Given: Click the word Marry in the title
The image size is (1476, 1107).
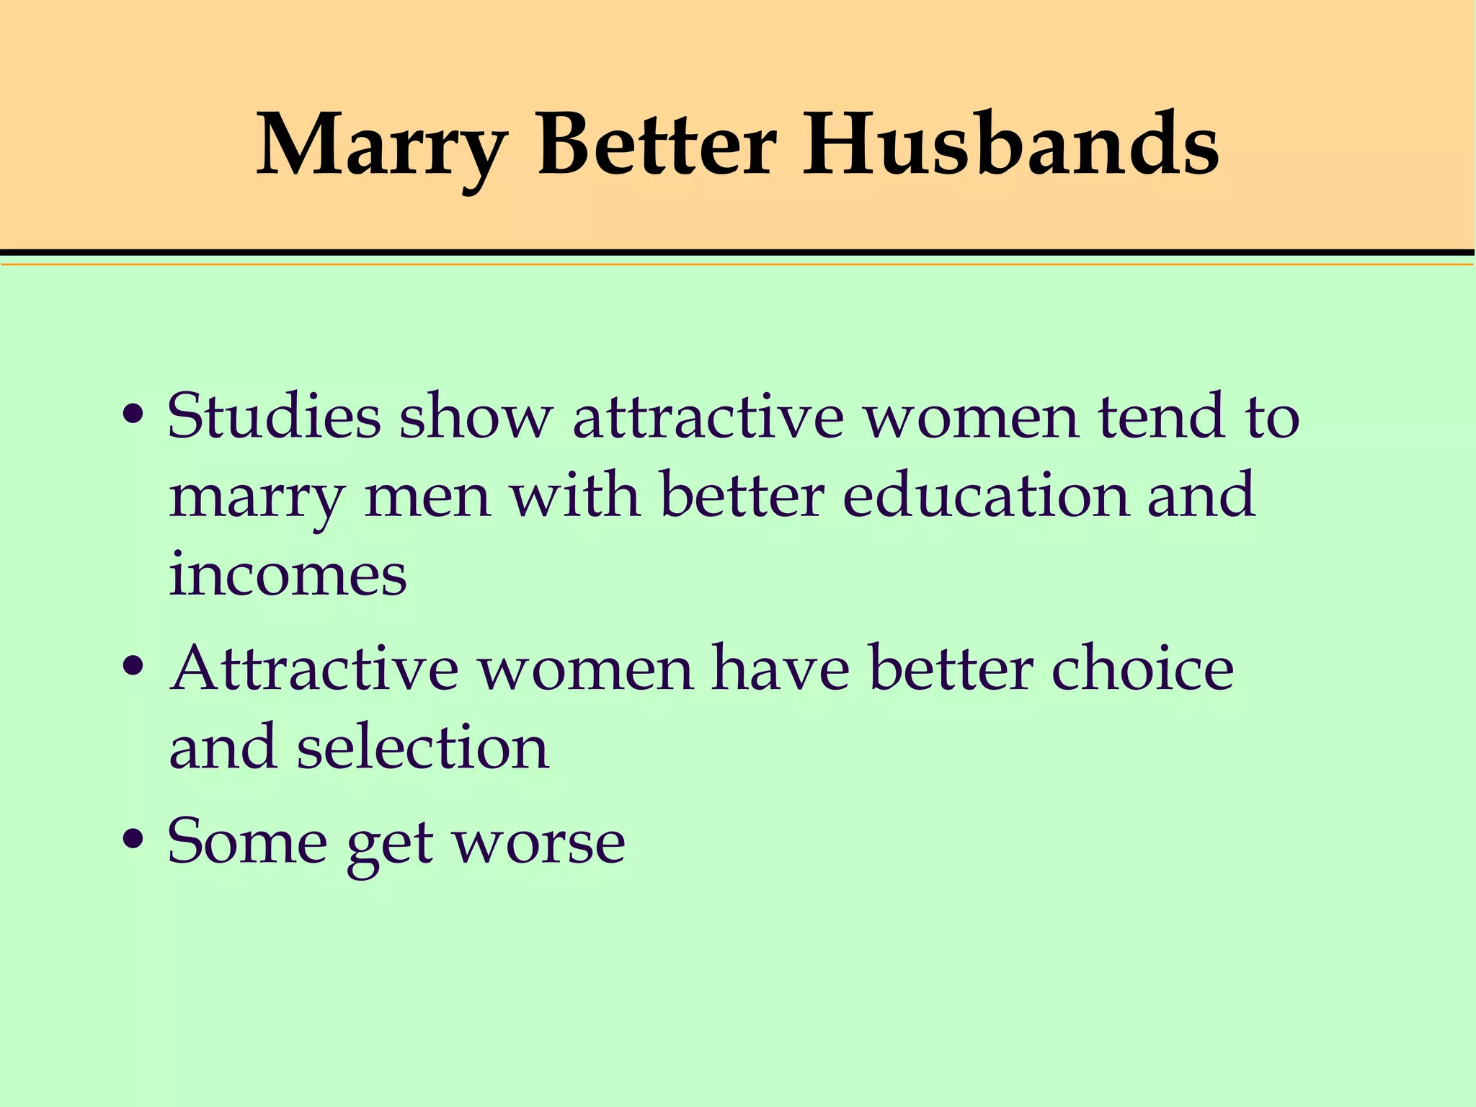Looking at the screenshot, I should pos(381,148).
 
